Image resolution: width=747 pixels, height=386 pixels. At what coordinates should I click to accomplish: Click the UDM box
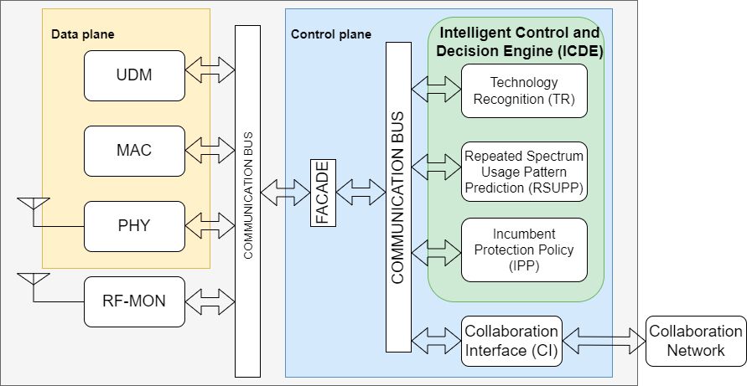click(134, 75)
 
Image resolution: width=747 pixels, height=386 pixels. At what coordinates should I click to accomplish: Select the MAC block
click(134, 151)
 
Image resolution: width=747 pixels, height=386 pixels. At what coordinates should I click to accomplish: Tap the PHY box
click(134, 226)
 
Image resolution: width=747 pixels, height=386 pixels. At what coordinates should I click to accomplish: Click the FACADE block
click(323, 193)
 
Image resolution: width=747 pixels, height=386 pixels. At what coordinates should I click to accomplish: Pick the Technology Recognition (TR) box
click(524, 90)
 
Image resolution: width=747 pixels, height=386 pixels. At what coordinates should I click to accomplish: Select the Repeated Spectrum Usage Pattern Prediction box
click(524, 172)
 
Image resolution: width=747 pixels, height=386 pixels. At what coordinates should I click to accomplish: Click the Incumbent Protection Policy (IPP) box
click(524, 250)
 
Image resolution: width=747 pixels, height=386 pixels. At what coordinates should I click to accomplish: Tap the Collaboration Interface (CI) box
click(511, 340)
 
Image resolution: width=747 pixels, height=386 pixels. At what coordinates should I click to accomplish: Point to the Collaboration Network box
click(695, 340)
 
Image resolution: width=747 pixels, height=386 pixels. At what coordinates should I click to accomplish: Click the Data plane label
click(82, 34)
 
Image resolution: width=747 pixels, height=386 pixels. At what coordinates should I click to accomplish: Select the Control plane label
click(330, 34)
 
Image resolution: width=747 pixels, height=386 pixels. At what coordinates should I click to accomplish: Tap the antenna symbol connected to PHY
click(34, 206)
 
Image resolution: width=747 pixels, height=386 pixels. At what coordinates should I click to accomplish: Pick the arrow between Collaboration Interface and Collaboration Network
click(604, 340)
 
